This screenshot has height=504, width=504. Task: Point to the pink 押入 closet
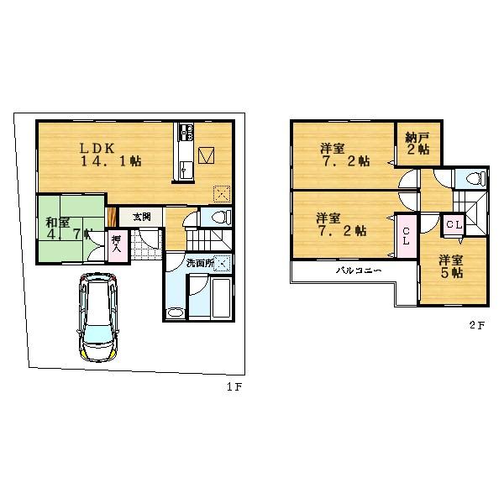(x=118, y=247)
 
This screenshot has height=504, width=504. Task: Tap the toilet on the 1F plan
(x=221, y=217)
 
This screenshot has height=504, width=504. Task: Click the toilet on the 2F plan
(x=472, y=179)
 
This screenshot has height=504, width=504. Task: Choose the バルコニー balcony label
(x=360, y=271)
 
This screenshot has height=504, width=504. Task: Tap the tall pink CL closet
(x=405, y=236)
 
